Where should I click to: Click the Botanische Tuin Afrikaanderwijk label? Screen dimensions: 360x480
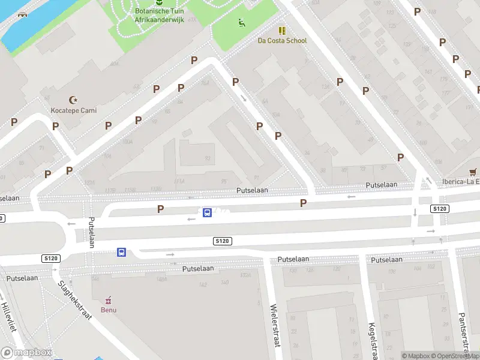[x=158, y=15]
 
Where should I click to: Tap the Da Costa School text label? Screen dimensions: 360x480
[x=282, y=41]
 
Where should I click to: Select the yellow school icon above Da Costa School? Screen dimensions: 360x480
[x=282, y=30]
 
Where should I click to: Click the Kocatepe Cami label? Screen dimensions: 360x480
[x=73, y=110]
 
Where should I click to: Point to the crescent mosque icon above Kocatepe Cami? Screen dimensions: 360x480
[x=74, y=100]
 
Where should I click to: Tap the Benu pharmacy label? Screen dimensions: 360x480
[x=109, y=310]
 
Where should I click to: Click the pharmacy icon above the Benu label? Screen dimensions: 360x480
[x=109, y=299]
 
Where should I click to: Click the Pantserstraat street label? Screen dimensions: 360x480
[x=462, y=332]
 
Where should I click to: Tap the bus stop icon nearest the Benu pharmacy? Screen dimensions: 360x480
[x=121, y=253]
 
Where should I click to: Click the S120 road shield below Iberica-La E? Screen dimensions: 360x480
[x=440, y=208]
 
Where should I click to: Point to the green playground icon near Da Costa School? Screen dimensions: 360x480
[x=241, y=23]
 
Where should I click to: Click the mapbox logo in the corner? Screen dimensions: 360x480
[x=27, y=353]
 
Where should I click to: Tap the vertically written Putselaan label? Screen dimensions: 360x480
[x=92, y=232]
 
